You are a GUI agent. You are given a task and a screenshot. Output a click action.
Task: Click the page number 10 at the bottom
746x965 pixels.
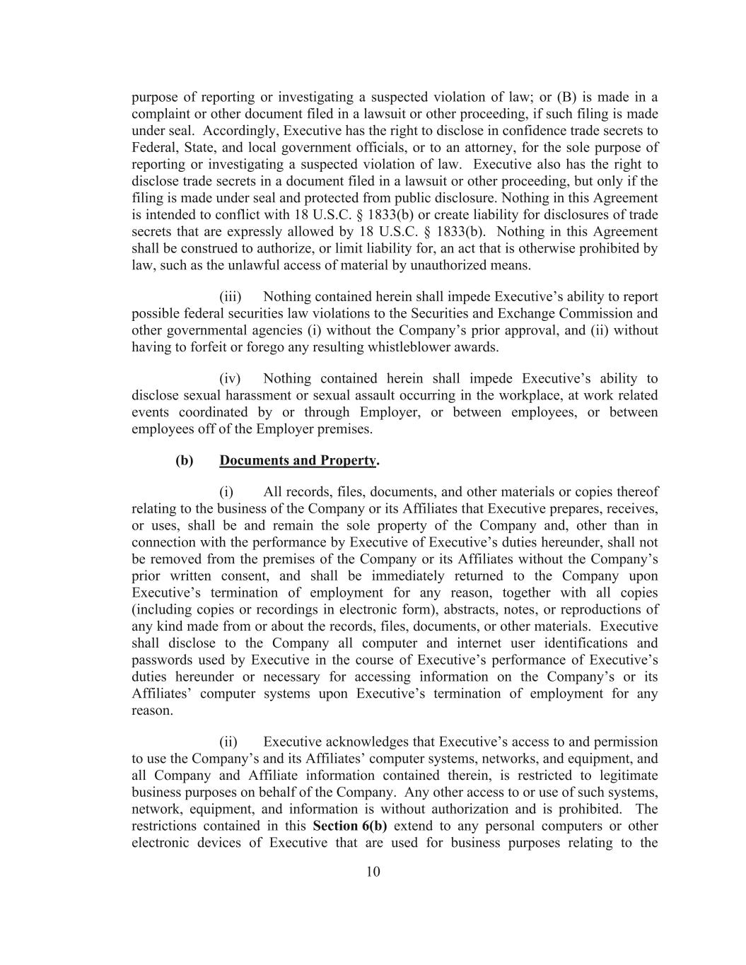(373, 872)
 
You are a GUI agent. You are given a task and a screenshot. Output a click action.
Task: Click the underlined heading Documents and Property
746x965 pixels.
(297, 461)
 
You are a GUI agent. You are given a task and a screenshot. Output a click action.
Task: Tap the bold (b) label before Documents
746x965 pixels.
(184, 461)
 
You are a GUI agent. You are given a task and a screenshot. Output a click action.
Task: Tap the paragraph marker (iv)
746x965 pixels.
(231, 379)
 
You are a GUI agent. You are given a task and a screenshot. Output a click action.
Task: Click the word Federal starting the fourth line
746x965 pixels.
(154, 148)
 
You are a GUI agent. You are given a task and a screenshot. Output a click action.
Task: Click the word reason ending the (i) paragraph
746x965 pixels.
(151, 710)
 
